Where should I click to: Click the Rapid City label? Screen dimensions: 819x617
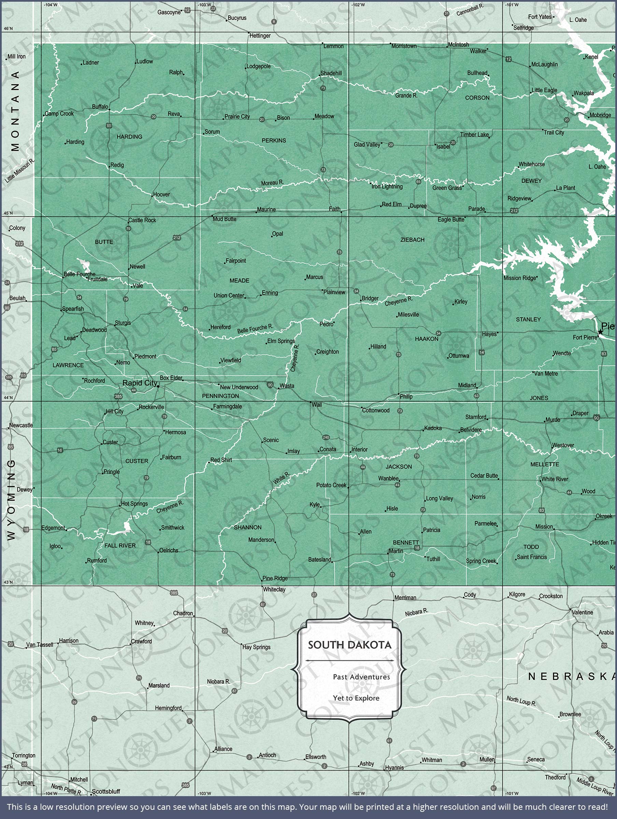click(140, 383)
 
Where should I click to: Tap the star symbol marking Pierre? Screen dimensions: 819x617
click(600, 332)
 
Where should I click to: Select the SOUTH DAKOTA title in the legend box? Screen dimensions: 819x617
click(349, 645)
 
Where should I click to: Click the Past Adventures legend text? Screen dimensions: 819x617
click(361, 676)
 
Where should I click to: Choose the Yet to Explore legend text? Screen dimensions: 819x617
click(356, 698)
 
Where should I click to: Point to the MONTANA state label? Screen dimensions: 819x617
click(15, 111)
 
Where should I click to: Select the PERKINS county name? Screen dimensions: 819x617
click(274, 140)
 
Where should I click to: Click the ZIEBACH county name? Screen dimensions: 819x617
click(412, 240)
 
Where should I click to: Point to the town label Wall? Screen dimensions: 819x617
click(317, 405)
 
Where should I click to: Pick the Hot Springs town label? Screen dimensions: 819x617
click(134, 504)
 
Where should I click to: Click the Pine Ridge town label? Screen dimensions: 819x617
click(275, 578)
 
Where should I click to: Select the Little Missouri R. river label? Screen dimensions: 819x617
click(20, 171)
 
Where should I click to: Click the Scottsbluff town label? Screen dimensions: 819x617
click(106, 791)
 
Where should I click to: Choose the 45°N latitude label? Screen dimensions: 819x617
click(8, 213)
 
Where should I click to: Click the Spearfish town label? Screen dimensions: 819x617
click(73, 308)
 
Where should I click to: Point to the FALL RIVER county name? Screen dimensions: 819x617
click(120, 545)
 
